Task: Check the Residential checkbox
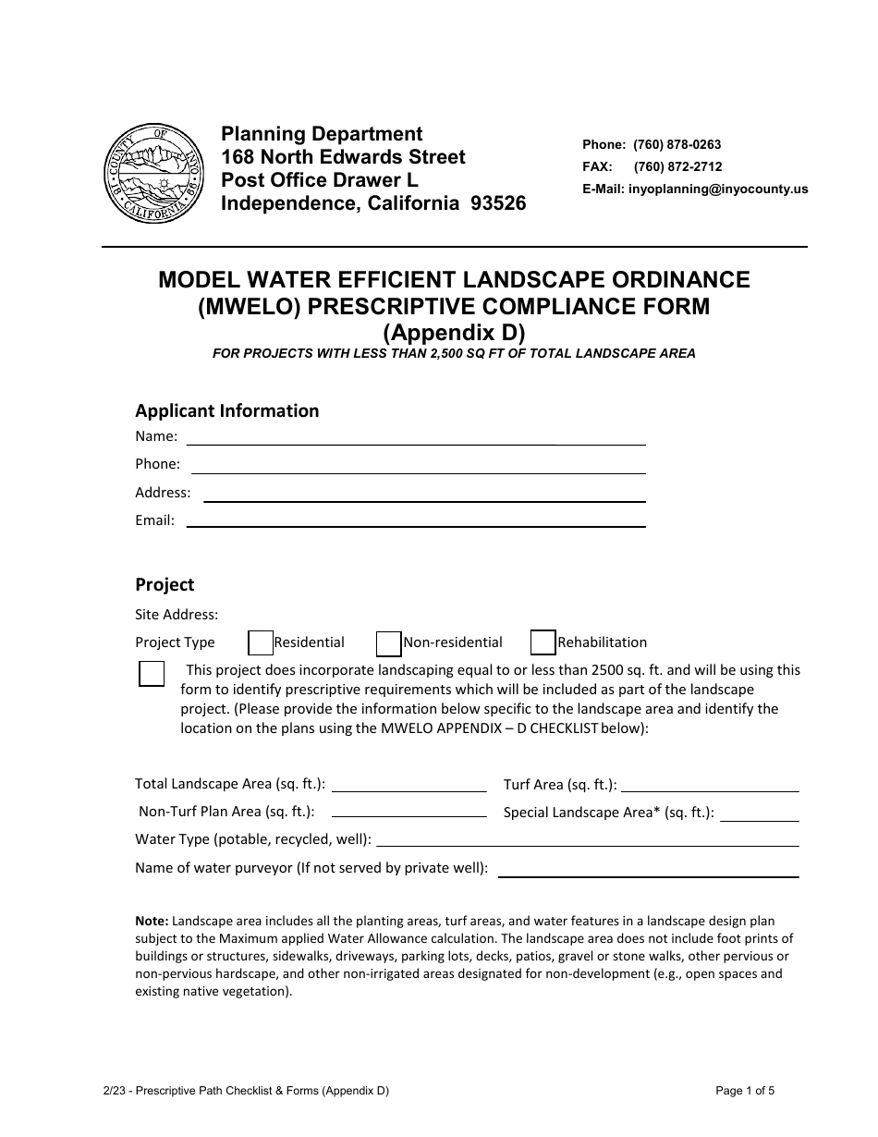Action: click(x=262, y=642)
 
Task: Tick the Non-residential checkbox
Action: click(x=389, y=642)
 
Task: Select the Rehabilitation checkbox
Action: click(x=543, y=642)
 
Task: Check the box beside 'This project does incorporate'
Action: click(x=152, y=673)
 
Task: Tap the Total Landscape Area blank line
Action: click(x=409, y=790)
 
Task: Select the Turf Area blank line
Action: click(x=709, y=790)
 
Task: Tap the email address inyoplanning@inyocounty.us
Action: click(x=717, y=189)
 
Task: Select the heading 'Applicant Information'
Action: click(x=227, y=410)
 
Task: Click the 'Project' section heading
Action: click(x=165, y=584)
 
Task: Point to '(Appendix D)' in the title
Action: click(x=454, y=331)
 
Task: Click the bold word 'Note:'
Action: click(x=152, y=921)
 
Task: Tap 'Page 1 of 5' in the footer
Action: click(x=745, y=1091)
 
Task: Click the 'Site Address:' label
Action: click(x=177, y=614)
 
